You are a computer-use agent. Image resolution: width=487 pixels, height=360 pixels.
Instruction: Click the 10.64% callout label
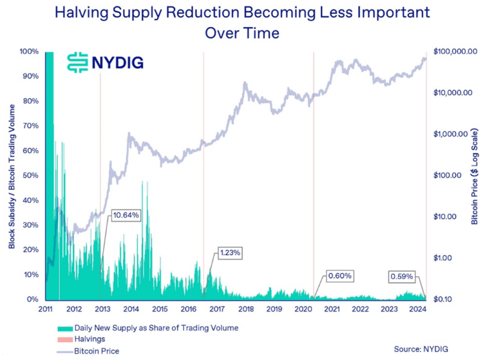(126, 214)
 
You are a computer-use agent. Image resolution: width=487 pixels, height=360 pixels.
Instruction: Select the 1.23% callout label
(230, 253)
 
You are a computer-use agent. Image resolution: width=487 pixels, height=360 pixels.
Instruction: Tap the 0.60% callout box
(339, 276)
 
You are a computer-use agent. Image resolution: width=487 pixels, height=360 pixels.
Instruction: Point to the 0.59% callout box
(403, 277)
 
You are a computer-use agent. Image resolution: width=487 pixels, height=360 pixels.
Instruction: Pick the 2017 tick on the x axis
(217, 309)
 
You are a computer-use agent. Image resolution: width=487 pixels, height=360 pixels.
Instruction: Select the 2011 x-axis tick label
(44, 309)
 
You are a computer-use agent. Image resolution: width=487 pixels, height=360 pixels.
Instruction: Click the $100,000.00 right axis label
(458, 51)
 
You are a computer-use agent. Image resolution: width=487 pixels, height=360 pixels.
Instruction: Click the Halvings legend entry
(90, 339)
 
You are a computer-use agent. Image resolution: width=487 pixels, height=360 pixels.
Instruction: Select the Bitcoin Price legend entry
(97, 350)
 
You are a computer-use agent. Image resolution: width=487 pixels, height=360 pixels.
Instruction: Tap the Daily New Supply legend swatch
(65, 328)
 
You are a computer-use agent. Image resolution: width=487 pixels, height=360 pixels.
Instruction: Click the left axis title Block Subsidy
(12, 175)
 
